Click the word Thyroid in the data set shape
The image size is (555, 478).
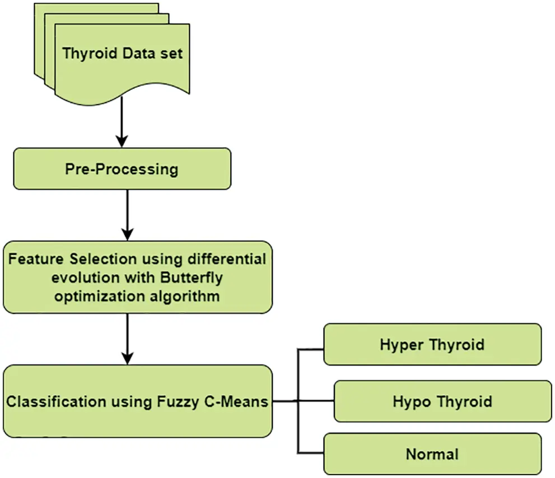90,54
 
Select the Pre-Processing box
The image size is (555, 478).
122,168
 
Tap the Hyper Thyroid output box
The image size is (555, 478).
432,344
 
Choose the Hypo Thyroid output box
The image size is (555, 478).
442,401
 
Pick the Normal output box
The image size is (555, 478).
432,453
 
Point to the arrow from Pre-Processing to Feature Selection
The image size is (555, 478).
128,215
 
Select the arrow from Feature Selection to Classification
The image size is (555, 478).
128,338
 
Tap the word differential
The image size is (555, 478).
230,260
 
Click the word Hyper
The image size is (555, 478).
399,344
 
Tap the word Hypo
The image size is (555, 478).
412,401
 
